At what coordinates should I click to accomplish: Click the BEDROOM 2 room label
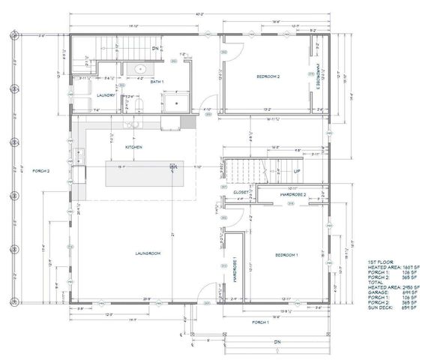(268, 76)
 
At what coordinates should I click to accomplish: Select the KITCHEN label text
(133, 148)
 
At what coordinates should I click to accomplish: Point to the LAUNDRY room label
(104, 94)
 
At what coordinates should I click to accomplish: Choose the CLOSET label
(241, 192)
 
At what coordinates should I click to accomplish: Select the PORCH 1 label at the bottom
(259, 322)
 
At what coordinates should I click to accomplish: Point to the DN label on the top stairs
(154, 48)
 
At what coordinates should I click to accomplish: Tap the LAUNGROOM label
(149, 253)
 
